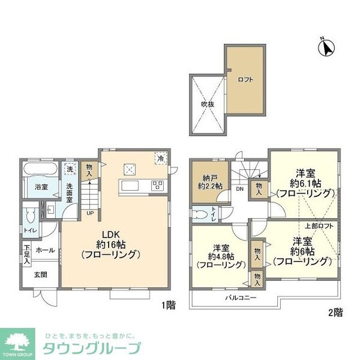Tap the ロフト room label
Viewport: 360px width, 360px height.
(244, 78)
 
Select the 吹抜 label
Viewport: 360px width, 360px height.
(207, 103)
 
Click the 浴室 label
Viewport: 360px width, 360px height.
(40, 187)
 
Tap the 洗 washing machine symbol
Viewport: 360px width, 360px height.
(70, 169)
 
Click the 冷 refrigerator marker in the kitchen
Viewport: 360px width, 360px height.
(160, 158)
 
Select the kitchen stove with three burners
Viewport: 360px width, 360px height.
(159, 185)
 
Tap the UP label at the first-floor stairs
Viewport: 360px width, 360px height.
(89, 212)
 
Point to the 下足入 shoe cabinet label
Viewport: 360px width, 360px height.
(27, 250)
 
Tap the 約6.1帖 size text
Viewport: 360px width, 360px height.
(304, 182)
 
